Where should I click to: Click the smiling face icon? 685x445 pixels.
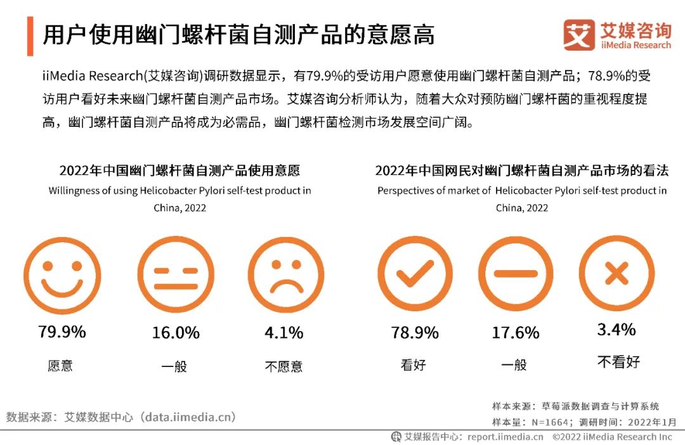coord(62,275)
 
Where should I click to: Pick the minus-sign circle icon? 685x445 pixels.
coord(515,274)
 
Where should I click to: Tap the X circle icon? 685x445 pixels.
coord(616,274)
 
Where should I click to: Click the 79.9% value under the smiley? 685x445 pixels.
coord(62,332)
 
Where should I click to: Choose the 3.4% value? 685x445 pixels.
coord(616,330)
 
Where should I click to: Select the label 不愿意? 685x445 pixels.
coord(284,366)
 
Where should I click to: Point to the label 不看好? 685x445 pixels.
coord(618,362)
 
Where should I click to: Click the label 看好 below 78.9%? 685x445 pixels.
coord(414,365)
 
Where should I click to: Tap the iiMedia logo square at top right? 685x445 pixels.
coord(579,35)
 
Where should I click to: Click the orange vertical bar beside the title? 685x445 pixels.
coord(30,35)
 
